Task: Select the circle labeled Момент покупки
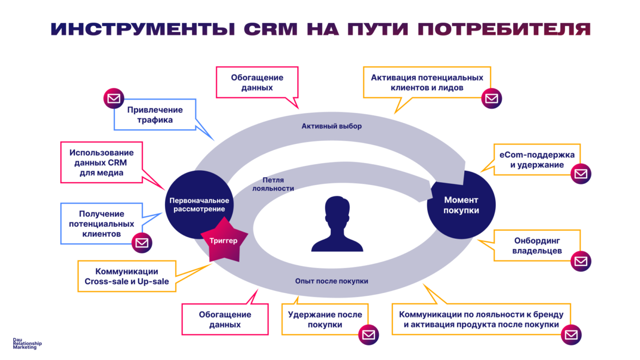(x=461, y=204)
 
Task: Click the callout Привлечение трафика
(x=155, y=115)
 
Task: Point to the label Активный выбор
(x=331, y=126)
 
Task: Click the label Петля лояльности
(x=273, y=184)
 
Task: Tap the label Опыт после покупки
(x=331, y=281)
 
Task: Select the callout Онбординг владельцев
(x=537, y=246)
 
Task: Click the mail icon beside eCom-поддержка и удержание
(x=581, y=174)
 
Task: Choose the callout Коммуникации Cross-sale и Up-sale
(x=127, y=276)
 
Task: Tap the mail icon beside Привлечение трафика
(x=114, y=98)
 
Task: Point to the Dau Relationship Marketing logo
(x=27, y=344)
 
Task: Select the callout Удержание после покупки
(x=324, y=319)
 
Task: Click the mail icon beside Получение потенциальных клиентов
(x=142, y=242)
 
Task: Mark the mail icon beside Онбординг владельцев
(x=581, y=262)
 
